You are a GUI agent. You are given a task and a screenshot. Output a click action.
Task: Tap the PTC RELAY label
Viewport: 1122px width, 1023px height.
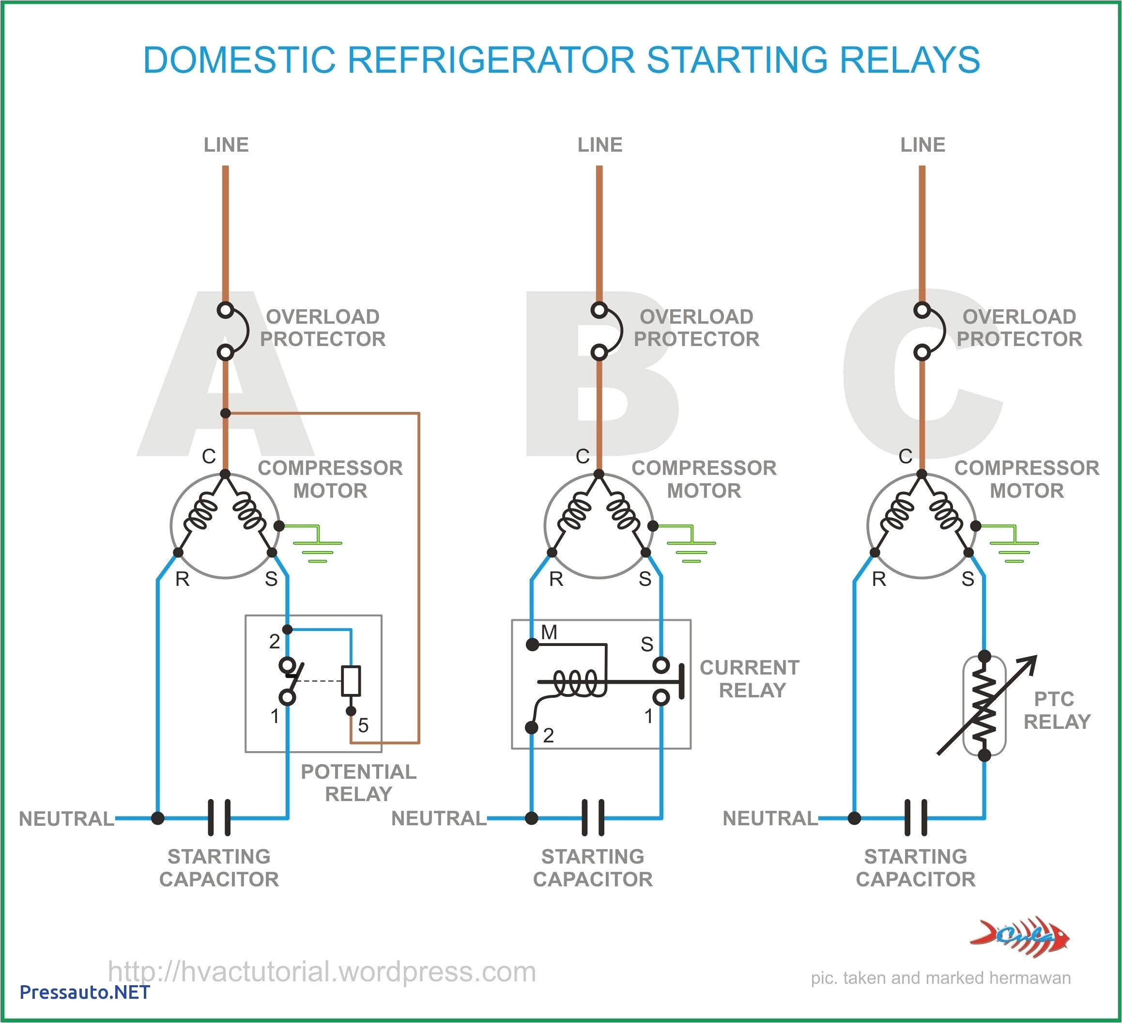[x=1056, y=710]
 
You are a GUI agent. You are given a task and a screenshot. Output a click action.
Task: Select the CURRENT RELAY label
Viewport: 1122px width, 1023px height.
[x=750, y=678]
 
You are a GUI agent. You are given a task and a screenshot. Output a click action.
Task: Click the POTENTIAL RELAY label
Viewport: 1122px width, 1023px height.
[x=358, y=783]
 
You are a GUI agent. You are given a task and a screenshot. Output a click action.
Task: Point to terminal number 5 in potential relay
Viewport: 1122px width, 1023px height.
[x=363, y=725]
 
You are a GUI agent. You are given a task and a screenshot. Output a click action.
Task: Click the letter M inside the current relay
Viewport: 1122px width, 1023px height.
[x=549, y=632]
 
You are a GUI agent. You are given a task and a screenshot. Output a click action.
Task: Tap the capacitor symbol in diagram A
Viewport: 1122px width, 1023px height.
[x=219, y=818]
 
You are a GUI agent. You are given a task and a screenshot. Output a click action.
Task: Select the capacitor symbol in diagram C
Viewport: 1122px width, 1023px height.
[x=916, y=818]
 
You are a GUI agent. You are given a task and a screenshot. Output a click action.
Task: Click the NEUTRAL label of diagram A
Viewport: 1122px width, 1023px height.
[x=67, y=818]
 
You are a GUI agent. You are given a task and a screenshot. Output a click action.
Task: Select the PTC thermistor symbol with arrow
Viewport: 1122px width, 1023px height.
[x=984, y=705]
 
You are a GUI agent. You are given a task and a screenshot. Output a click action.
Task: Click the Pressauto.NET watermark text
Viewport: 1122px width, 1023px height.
[x=85, y=992]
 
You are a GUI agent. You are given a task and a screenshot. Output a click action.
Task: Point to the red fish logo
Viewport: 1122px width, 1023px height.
[x=1020, y=937]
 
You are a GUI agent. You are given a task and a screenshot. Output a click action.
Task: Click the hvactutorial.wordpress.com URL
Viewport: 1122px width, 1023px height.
[x=322, y=971]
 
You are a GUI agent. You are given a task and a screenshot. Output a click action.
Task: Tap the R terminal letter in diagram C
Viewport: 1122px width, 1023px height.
[x=879, y=580]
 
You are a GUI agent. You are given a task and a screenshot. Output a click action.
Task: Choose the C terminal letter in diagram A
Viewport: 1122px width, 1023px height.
[x=209, y=456]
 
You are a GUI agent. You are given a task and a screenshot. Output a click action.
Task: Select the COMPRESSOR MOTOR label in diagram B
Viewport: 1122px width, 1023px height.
[x=704, y=479]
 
